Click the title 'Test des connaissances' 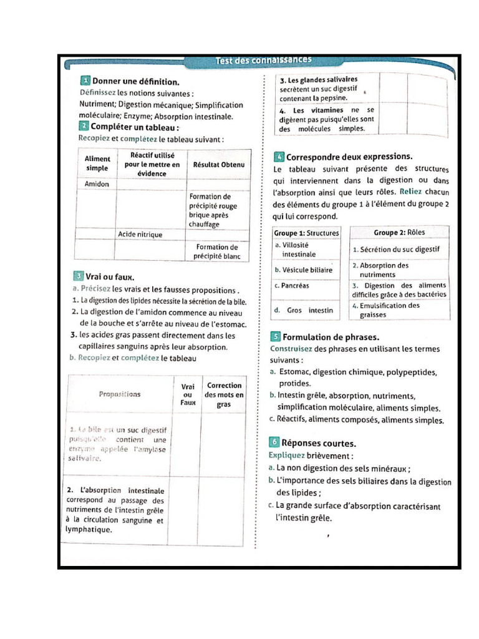pyautogui.click(x=263, y=61)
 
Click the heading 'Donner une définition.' pyautogui.click(x=135, y=81)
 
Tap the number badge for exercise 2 pyautogui.click(x=84, y=127)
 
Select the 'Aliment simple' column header pyautogui.click(x=97, y=163)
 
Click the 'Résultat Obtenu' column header pyautogui.click(x=219, y=165)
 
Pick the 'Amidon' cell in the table pyautogui.click(x=97, y=184)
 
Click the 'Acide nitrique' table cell pyautogui.click(x=140, y=235)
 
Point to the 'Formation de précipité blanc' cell pyautogui.click(x=216, y=251)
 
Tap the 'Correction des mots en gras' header pyautogui.click(x=224, y=395)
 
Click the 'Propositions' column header pyautogui.click(x=120, y=394)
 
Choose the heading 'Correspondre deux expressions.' pyautogui.click(x=349, y=157)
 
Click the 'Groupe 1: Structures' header pyautogui.click(x=306, y=233)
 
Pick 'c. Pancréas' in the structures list pyautogui.click(x=292, y=286)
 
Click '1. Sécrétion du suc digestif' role pyautogui.click(x=395, y=250)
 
